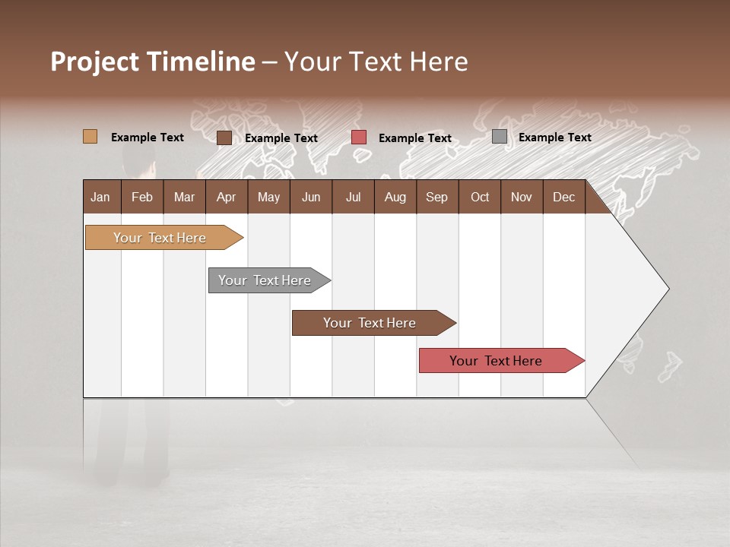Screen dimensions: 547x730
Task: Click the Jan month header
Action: click(x=101, y=197)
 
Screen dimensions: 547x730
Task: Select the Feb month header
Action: click(x=142, y=197)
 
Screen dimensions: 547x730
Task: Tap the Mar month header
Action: click(x=184, y=197)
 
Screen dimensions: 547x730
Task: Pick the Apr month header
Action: click(x=227, y=197)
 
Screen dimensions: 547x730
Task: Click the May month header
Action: click(x=268, y=197)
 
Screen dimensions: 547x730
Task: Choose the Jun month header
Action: click(x=311, y=197)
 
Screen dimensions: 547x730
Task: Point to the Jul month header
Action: click(x=353, y=197)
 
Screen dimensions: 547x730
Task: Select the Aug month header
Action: click(x=395, y=197)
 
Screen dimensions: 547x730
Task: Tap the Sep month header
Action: click(x=437, y=197)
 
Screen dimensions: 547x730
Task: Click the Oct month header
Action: click(x=480, y=197)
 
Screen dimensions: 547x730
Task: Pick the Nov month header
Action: click(x=522, y=197)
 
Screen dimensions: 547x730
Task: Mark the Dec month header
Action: click(x=564, y=197)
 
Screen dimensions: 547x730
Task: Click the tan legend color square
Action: click(x=90, y=137)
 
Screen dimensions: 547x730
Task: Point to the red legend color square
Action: click(x=359, y=138)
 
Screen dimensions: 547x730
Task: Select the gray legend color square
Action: click(x=500, y=137)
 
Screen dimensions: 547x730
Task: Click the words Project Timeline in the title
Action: click(x=152, y=62)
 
